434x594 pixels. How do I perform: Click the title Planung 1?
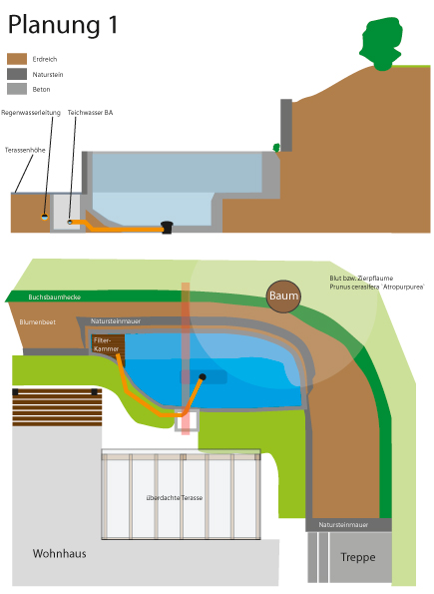(x=63, y=25)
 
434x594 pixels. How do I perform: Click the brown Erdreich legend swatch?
(x=17, y=59)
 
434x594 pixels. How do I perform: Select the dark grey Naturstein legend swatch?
(x=17, y=74)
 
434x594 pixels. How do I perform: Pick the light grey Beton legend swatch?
(x=17, y=89)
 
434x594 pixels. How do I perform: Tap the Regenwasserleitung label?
(x=31, y=113)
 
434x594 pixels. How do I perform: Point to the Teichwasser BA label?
(x=90, y=113)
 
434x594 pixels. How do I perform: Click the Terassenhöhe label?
(x=25, y=150)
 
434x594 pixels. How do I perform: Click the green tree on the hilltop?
(x=381, y=44)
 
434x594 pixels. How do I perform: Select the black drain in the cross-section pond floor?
(x=167, y=228)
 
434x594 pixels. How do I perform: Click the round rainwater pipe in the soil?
(x=45, y=217)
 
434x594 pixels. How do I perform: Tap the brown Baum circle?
(x=283, y=297)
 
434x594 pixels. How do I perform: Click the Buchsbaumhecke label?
(x=55, y=297)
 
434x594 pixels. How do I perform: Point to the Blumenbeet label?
(x=38, y=322)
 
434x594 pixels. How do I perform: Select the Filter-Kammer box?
(x=108, y=345)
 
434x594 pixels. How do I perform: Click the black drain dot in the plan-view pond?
(x=203, y=377)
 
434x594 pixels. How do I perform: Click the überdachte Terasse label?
(x=175, y=497)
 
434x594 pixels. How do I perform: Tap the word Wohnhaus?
(x=60, y=553)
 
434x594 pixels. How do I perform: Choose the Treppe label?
(x=358, y=557)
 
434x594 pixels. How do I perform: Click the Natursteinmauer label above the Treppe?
(x=343, y=525)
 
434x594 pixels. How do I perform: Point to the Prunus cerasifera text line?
(x=377, y=287)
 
